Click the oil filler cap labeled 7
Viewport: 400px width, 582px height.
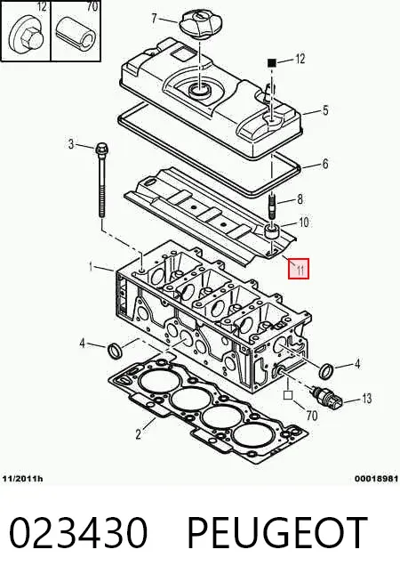(198, 24)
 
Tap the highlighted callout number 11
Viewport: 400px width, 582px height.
(299, 269)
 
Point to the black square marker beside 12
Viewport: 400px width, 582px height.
(272, 62)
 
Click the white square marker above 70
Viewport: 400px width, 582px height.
(288, 395)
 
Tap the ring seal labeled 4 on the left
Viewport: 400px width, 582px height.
(115, 351)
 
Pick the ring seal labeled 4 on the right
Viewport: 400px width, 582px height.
(326, 371)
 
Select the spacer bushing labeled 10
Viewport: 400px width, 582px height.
(273, 232)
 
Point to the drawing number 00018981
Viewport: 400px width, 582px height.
(376, 479)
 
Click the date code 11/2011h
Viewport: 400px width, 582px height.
(22, 479)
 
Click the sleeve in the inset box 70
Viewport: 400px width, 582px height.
(76, 35)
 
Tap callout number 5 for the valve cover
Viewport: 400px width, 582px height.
(325, 110)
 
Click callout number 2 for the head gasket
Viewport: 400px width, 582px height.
(139, 434)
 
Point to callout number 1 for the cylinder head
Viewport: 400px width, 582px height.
(90, 266)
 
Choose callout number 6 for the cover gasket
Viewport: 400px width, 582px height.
(325, 164)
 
